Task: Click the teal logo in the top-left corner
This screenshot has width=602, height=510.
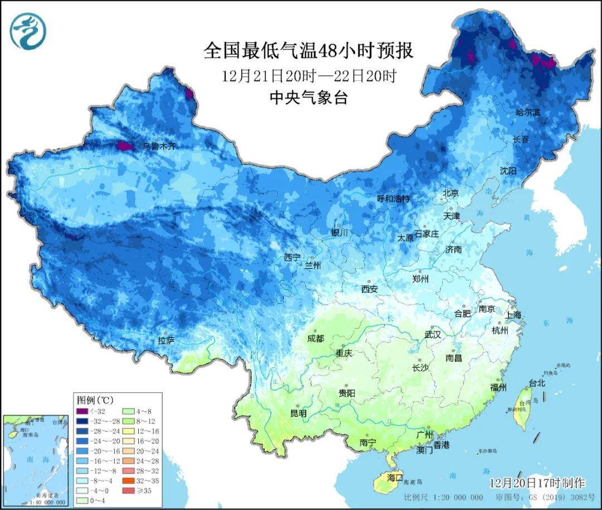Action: tap(27, 31)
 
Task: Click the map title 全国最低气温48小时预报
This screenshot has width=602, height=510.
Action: tap(308, 51)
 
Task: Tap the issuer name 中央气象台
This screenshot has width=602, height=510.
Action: tap(308, 98)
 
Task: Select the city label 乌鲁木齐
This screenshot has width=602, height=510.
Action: tap(159, 146)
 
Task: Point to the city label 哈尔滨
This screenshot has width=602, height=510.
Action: tap(528, 112)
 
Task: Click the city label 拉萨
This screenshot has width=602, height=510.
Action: tap(166, 340)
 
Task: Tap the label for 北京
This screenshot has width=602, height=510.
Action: tap(450, 193)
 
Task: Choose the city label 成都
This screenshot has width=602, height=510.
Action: tap(316, 338)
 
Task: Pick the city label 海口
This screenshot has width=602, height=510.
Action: tap(395, 477)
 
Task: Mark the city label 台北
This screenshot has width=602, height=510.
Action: tap(537, 383)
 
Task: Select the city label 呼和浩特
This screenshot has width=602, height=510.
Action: tap(393, 199)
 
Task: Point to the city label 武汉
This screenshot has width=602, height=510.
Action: tap(433, 335)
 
